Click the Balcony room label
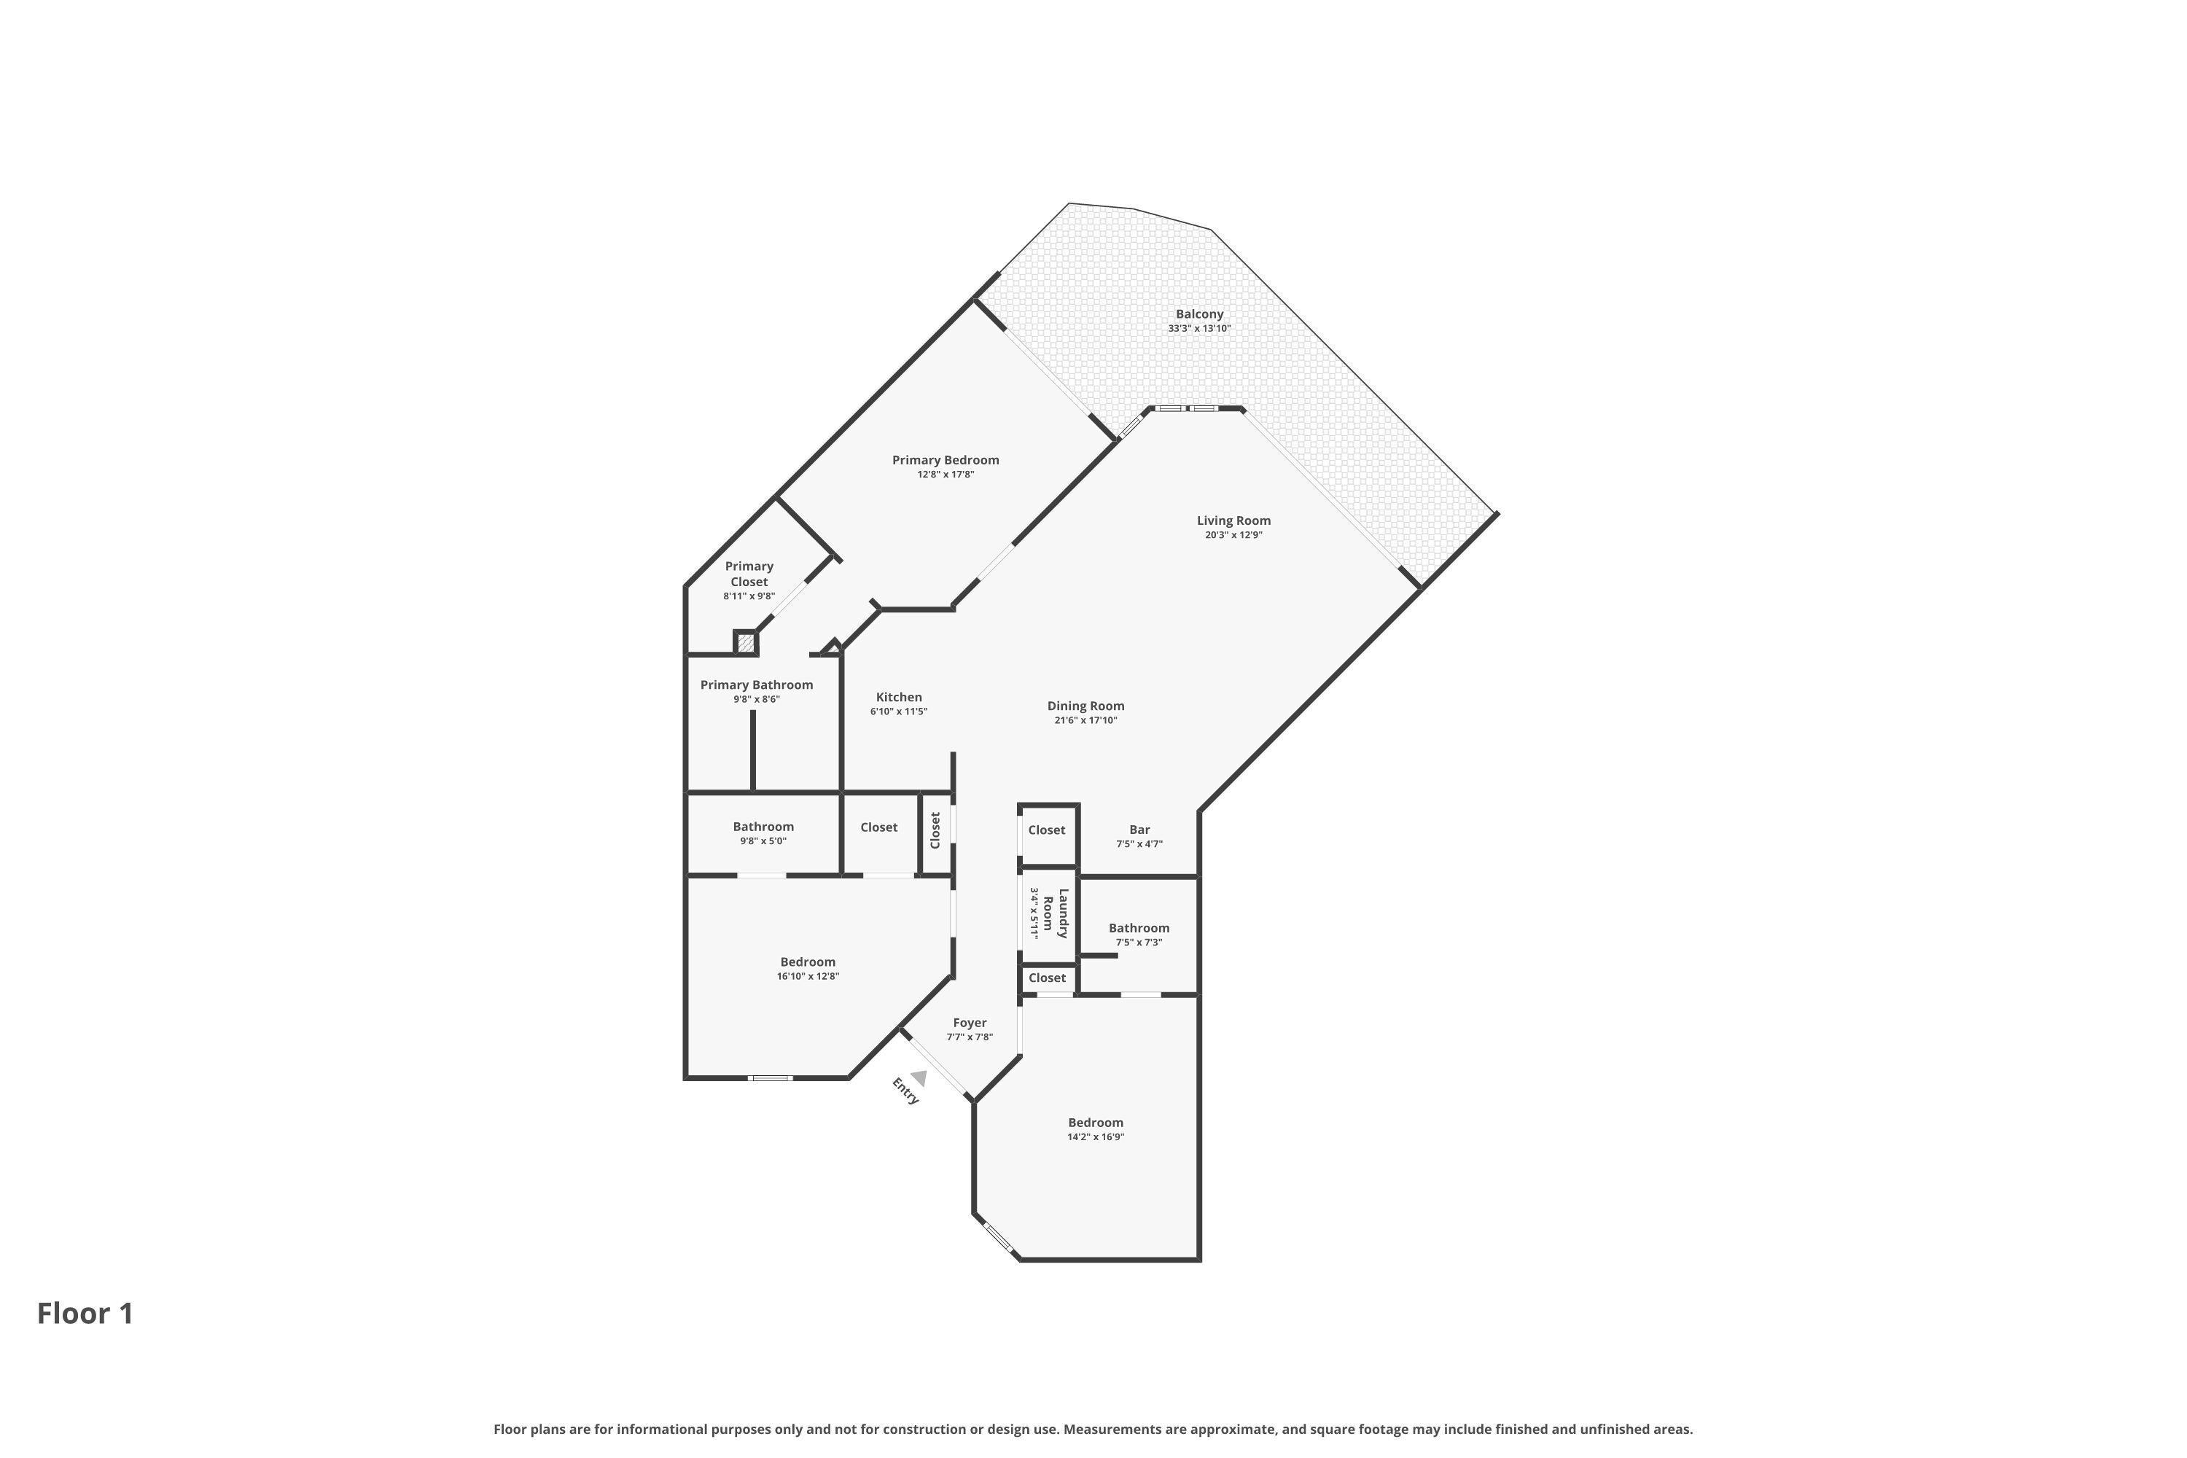pos(1198,314)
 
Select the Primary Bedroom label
pos(945,460)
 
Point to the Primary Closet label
pos(749,574)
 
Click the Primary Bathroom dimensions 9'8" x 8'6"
pos(756,699)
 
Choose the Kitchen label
pos(898,698)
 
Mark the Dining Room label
pos(1085,706)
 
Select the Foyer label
pos(969,1023)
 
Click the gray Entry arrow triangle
pos(918,1077)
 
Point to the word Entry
pos(905,1091)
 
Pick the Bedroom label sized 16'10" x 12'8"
pos(807,962)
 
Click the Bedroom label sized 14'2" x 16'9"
pos(1096,1123)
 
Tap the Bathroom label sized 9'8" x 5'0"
pos(763,827)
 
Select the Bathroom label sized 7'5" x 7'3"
pos(1138,928)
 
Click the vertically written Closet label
pos(935,830)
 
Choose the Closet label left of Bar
pos(1046,830)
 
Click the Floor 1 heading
pos(85,1314)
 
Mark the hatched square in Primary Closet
pos(746,642)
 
